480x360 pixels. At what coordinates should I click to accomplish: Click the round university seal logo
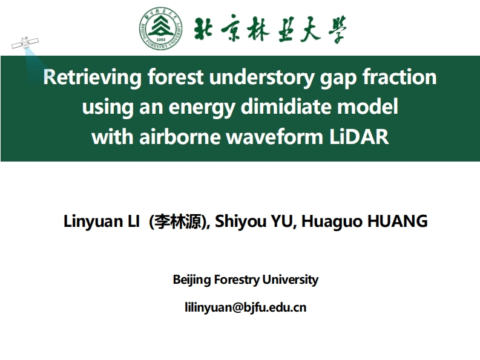pyautogui.click(x=160, y=28)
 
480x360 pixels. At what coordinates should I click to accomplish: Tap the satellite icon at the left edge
pyautogui.click(x=25, y=44)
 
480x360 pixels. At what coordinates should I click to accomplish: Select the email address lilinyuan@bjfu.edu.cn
pyautogui.click(x=245, y=307)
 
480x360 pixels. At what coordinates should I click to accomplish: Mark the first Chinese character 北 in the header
pyautogui.click(x=205, y=28)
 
